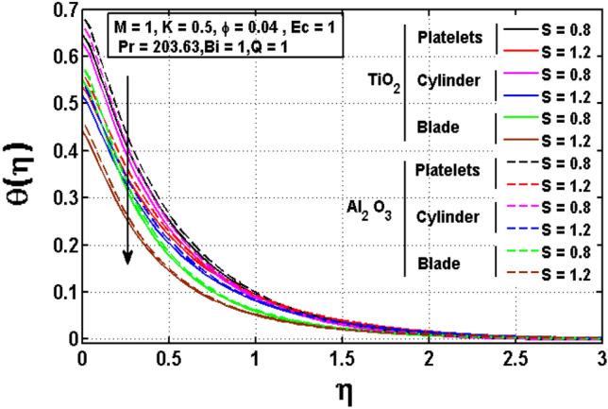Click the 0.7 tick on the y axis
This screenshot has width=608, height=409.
[83, 10]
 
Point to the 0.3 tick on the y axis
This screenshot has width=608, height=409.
[83, 197]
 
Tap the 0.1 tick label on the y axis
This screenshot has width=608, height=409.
[64, 291]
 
